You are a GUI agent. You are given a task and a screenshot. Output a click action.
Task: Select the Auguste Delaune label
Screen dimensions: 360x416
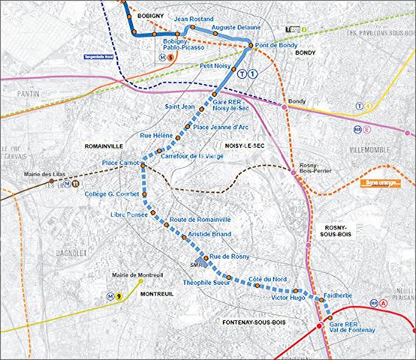click(x=236, y=27)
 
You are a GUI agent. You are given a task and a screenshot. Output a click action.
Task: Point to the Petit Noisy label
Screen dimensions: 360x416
click(x=214, y=66)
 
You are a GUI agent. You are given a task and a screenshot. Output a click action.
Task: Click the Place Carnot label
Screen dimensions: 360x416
click(x=120, y=163)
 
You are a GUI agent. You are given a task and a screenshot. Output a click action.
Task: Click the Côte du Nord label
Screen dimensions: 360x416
click(x=267, y=278)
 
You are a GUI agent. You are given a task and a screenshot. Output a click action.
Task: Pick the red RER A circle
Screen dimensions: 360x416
click(x=384, y=303)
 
